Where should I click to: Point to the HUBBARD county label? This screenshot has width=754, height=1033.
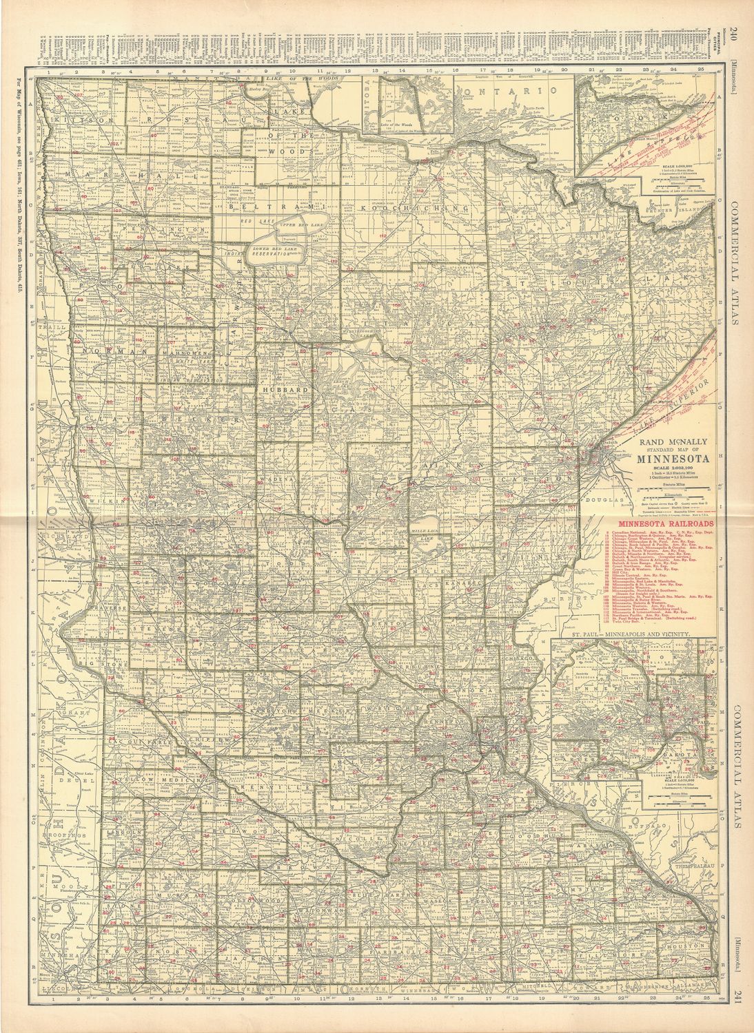pyautogui.click(x=278, y=389)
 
